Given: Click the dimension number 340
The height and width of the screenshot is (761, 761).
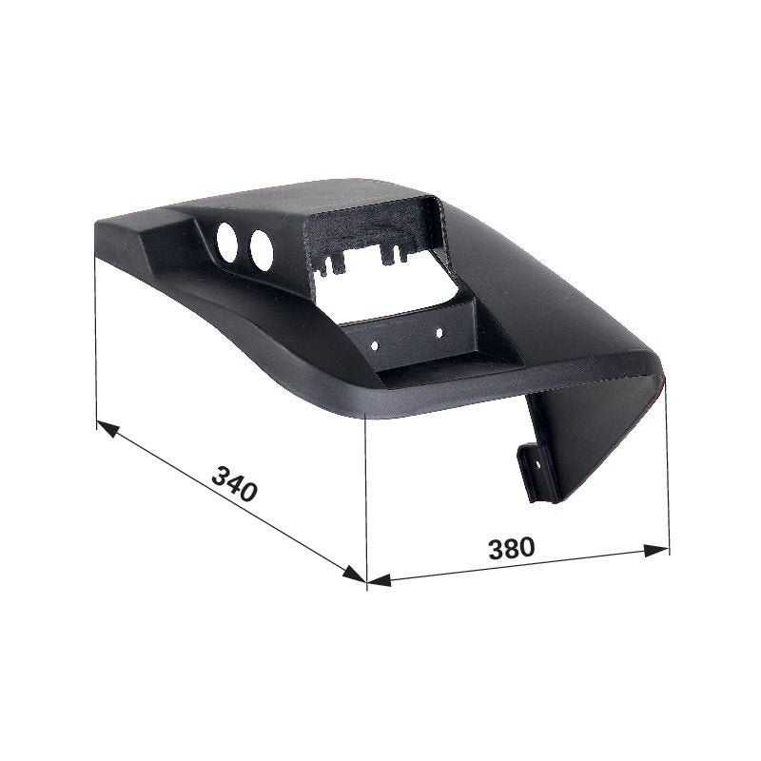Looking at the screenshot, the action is pos(234,483).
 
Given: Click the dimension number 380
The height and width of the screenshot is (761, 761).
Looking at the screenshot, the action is pos(512,548).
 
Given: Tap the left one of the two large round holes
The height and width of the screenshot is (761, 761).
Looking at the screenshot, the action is pos(226,243).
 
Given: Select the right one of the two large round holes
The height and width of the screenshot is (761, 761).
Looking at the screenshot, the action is pos(261,250).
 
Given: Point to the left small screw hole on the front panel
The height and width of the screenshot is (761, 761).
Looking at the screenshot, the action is pos(375,346).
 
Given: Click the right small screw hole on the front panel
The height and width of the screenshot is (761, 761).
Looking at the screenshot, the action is pos(439,333).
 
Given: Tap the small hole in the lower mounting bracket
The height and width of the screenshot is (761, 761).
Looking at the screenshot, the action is pos(537,464).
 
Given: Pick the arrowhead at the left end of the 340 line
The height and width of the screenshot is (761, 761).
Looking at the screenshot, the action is pos(107,429).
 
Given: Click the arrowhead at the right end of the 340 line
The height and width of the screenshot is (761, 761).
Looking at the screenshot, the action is pos(353,574).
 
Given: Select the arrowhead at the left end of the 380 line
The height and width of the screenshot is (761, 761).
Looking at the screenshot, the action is pos(379,580).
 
